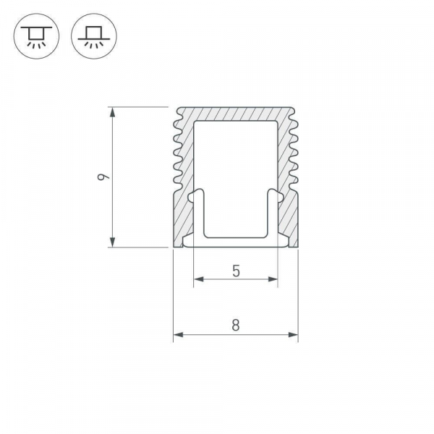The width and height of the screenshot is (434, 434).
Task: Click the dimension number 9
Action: click(x=103, y=177)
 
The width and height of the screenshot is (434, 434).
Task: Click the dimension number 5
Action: click(x=236, y=271)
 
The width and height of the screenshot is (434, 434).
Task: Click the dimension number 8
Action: click(x=236, y=325)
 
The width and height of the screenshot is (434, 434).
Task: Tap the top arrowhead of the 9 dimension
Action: click(x=112, y=112)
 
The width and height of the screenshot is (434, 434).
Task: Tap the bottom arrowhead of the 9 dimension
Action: click(x=112, y=242)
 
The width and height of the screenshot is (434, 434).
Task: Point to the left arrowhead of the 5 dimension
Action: click(x=199, y=279)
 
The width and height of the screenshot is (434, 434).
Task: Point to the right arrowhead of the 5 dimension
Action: click(x=273, y=279)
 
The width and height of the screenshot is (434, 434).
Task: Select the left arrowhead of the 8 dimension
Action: click(x=179, y=335)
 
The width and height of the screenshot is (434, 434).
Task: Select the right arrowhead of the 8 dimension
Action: click(x=293, y=335)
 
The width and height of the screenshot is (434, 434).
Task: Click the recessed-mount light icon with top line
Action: click(x=36, y=36)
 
